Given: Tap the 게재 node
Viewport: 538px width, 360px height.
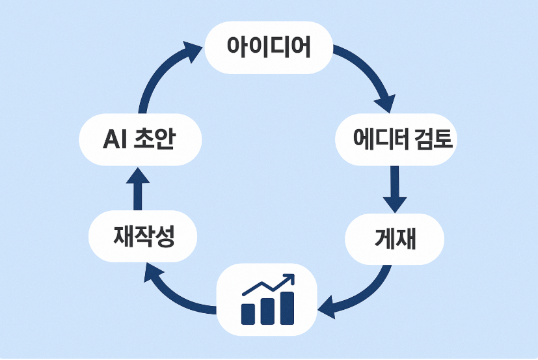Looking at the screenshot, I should (x=395, y=238).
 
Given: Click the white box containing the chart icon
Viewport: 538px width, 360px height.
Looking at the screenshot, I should (x=267, y=299).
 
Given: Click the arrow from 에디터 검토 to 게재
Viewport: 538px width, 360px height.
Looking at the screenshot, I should (x=395, y=189).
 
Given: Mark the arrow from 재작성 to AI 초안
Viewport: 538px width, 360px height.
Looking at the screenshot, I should (x=139, y=189).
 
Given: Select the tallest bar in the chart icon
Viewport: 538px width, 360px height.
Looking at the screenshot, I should (x=287, y=307).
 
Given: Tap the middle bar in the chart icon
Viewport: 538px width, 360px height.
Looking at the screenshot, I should (x=267, y=311).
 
